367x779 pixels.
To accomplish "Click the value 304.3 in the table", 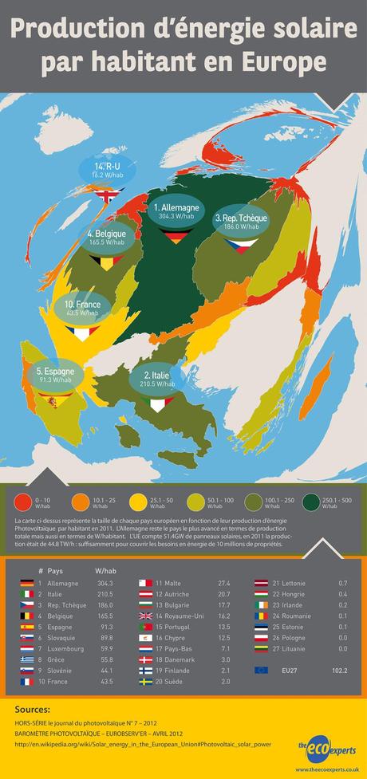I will click(105, 584).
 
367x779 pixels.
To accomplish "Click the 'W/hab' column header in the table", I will click(105, 571).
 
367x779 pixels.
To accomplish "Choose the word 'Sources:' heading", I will click(33, 709).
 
